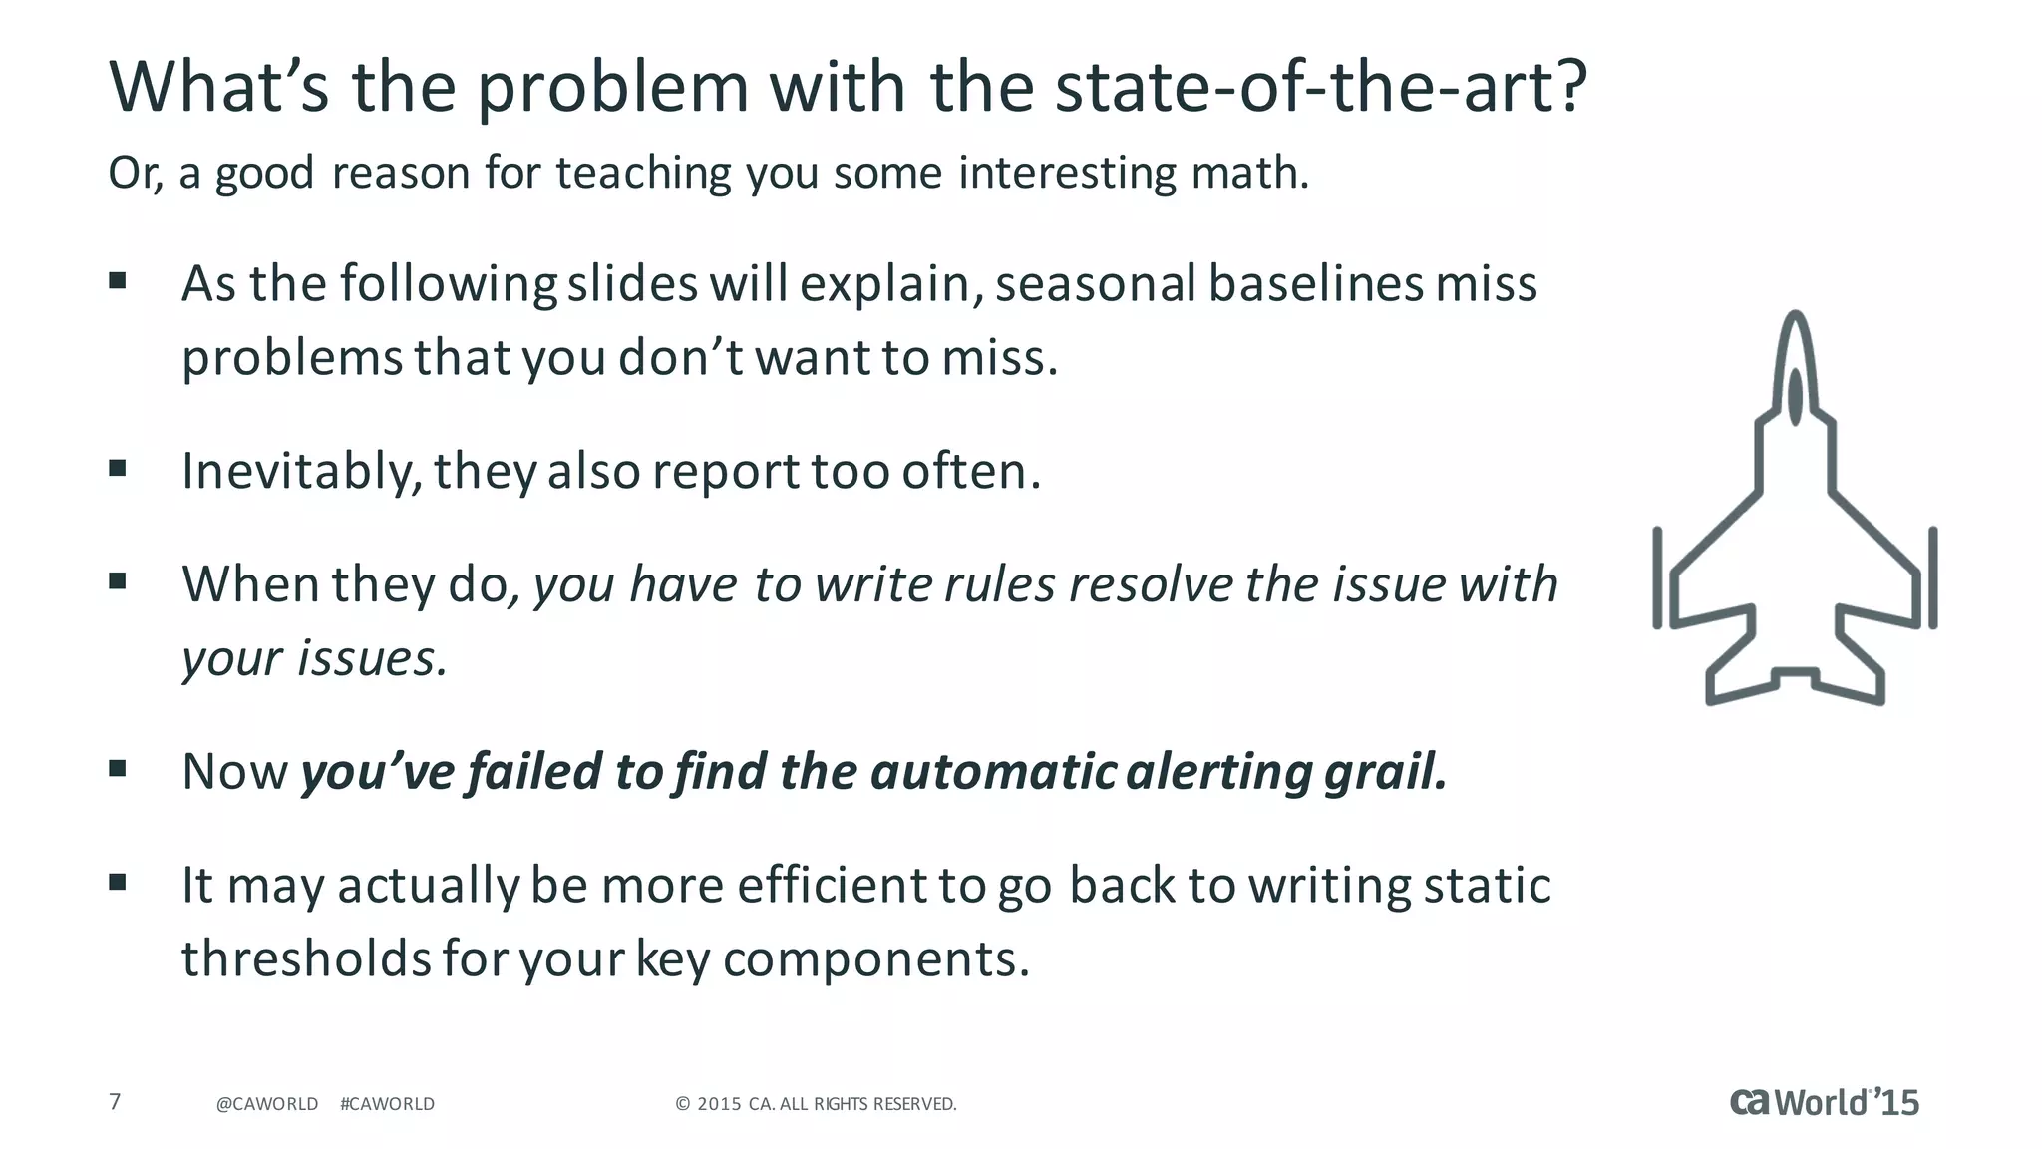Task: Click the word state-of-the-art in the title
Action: coord(1320,88)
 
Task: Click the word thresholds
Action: coord(305,958)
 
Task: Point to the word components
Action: coord(875,960)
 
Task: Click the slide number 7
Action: coord(115,1102)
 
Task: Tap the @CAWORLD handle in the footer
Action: coord(267,1104)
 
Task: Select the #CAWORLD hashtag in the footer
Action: coord(387,1104)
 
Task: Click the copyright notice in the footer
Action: coord(816,1104)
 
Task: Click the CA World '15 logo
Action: coord(1824,1102)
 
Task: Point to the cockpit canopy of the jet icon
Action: coord(1795,396)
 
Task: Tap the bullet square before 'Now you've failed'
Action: coord(118,768)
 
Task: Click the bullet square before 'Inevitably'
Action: coord(118,467)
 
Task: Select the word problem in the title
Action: coord(612,88)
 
